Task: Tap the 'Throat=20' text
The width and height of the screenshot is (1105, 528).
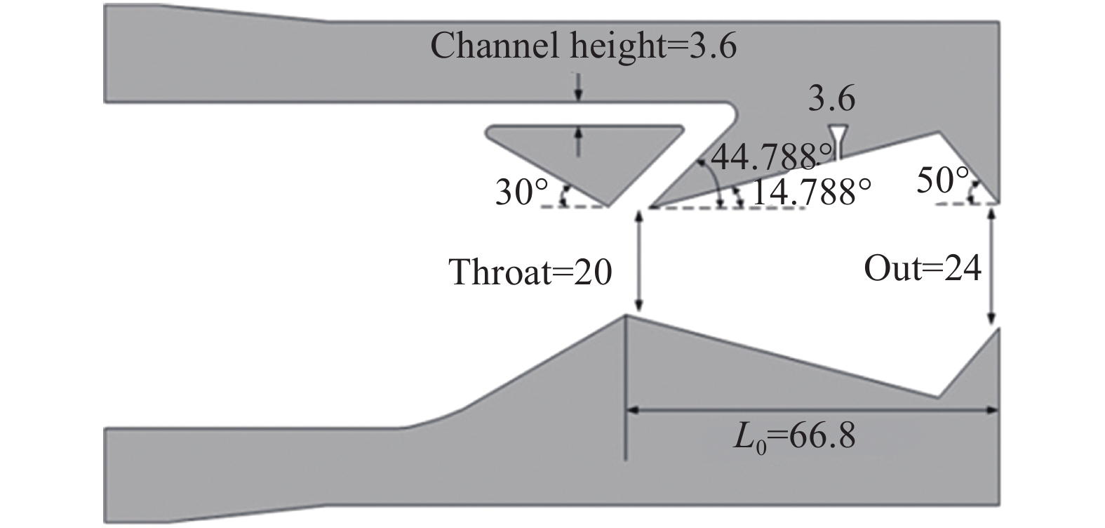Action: [530, 272]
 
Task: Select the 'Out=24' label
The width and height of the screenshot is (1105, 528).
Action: [921, 268]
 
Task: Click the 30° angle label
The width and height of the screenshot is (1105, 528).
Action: [516, 193]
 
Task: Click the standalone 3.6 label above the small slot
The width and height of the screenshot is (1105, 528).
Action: [831, 99]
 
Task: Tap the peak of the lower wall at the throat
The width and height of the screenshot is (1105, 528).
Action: [625, 315]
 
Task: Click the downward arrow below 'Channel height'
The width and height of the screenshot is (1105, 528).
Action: [577, 86]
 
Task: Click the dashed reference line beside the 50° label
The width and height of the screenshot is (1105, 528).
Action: [967, 204]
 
